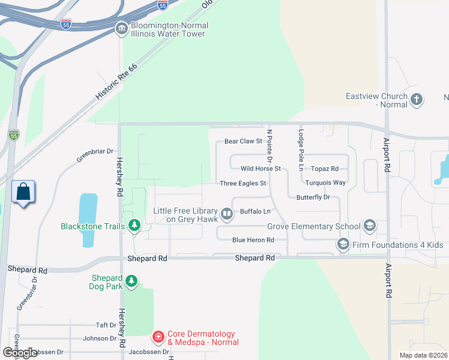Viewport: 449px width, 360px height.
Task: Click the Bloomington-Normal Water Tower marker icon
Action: click(x=122, y=28)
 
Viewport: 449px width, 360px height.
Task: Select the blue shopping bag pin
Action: click(x=23, y=193)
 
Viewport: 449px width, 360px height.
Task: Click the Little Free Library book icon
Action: click(x=227, y=214)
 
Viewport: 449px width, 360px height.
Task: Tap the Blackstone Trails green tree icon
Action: click(x=135, y=226)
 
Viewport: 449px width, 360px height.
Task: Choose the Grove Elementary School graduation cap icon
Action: click(x=370, y=226)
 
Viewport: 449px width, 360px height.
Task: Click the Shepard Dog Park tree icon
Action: click(x=131, y=281)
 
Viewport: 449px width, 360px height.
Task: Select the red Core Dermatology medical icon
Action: click(x=158, y=337)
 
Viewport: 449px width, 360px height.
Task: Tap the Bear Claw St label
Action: click(x=243, y=142)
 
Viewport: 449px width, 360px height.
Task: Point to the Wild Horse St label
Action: click(x=261, y=169)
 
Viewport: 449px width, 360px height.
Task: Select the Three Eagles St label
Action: click(x=243, y=183)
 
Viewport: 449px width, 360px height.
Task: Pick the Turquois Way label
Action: click(x=325, y=182)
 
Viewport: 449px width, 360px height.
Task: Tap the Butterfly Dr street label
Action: click(x=313, y=197)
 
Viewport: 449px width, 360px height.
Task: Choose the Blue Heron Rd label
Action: click(x=253, y=240)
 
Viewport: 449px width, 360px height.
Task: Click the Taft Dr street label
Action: click(x=106, y=325)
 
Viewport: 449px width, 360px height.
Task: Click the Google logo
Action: click(x=20, y=352)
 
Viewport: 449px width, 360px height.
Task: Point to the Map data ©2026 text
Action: click(x=423, y=355)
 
